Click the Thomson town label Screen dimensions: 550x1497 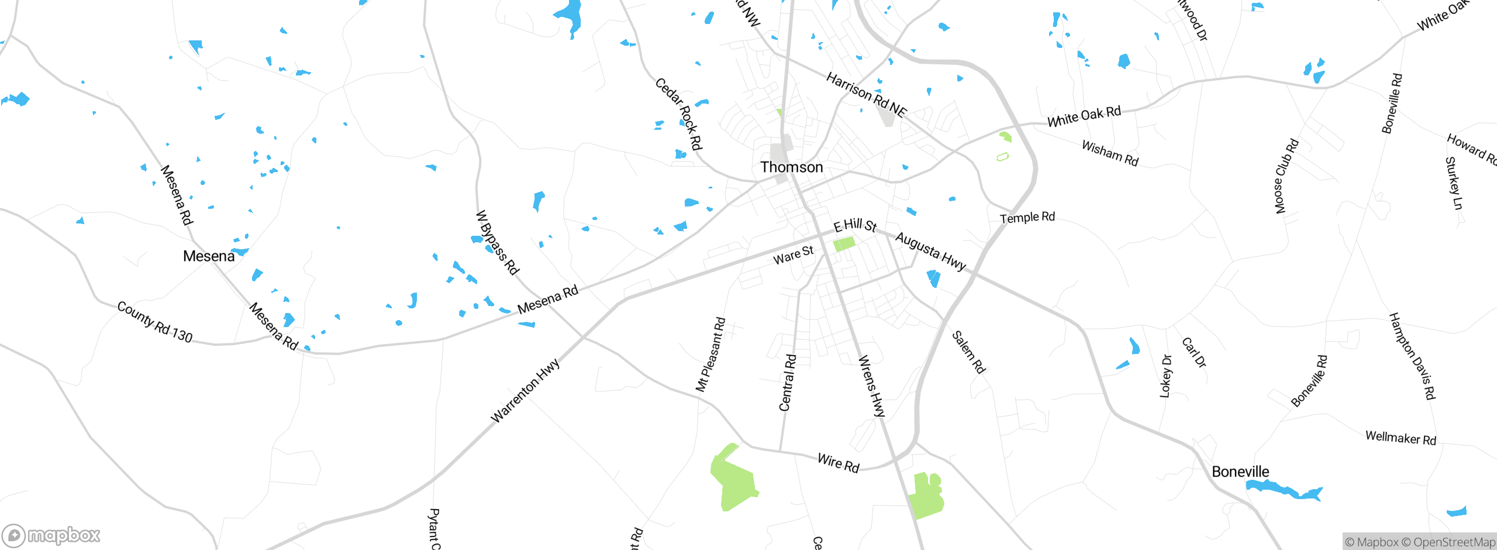pyautogui.click(x=791, y=167)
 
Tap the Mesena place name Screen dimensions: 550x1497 pyautogui.click(x=209, y=256)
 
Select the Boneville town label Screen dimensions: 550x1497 pyautogui.click(x=1240, y=472)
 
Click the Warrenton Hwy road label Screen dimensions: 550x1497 pyautogui.click(x=525, y=390)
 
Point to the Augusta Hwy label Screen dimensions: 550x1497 pyautogui.click(x=930, y=251)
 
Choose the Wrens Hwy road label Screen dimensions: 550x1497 pyautogui.click(x=871, y=386)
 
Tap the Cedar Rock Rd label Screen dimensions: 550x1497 pyautogui.click(x=678, y=114)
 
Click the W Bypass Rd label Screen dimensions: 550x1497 pyautogui.click(x=497, y=242)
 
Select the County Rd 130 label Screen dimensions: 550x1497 pyautogui.click(x=155, y=322)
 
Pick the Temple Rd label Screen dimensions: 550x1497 pyautogui.click(x=1027, y=218)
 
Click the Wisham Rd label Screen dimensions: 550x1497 pyautogui.click(x=1110, y=153)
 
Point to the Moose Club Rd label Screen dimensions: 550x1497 pyautogui.click(x=1286, y=176)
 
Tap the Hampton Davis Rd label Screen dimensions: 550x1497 pyautogui.click(x=1412, y=356)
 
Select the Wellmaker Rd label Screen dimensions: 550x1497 pyautogui.click(x=1401, y=438)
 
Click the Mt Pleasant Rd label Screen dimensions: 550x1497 pyautogui.click(x=710, y=355)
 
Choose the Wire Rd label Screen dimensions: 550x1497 pyautogui.click(x=839, y=463)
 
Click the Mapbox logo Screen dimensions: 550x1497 pyautogui.click(x=51, y=535)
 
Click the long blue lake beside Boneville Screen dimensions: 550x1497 pyautogui.click(x=1284, y=490)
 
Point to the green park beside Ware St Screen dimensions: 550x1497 pyautogui.click(x=844, y=243)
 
